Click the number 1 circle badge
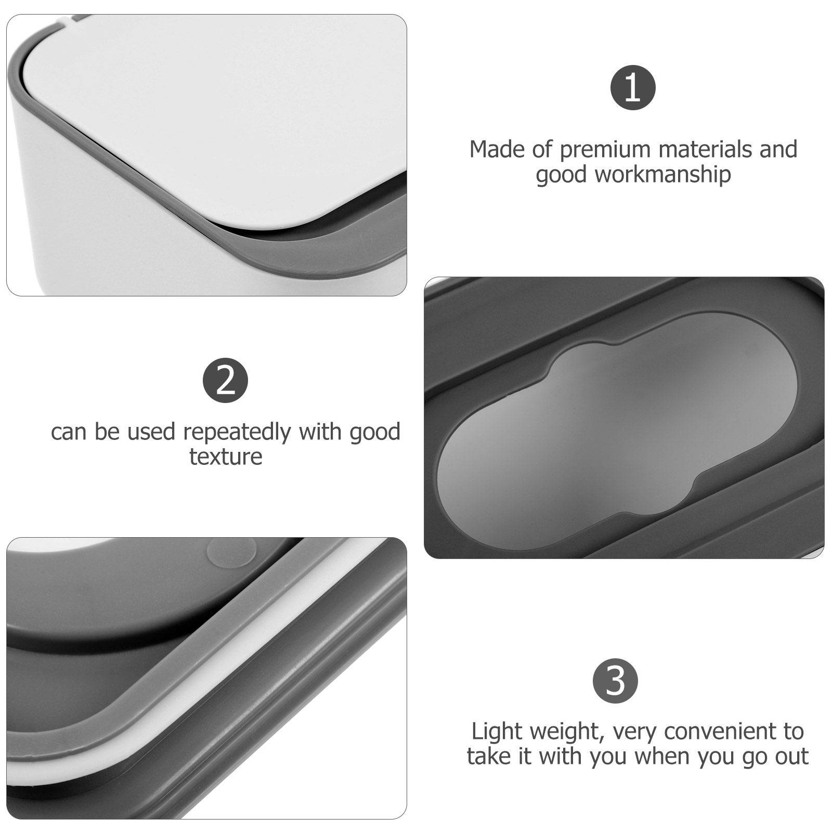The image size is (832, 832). [x=632, y=87]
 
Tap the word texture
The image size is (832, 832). [x=226, y=457]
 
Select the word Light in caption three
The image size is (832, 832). [x=496, y=732]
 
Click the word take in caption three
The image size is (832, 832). [x=488, y=756]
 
